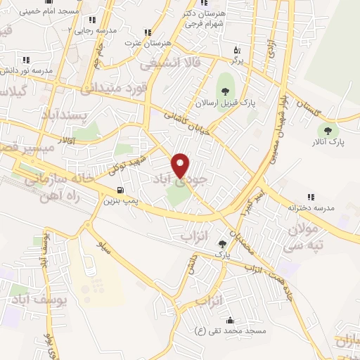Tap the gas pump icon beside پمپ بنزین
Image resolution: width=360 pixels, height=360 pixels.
tap(121, 190)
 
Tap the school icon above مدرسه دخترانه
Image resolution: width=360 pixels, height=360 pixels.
tap(310, 197)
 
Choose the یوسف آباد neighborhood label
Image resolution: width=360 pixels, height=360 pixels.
tap(39, 300)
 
